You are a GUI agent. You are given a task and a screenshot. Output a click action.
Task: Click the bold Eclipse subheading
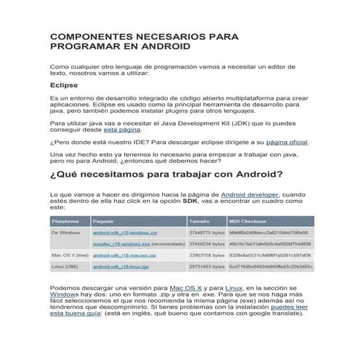[x=64, y=84]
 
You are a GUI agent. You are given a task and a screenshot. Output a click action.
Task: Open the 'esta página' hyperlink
[x=120, y=129]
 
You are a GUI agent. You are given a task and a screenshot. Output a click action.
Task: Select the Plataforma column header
[x=65, y=220]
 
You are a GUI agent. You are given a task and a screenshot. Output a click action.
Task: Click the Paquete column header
[x=103, y=220]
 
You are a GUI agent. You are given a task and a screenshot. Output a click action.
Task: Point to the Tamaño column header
[x=199, y=220]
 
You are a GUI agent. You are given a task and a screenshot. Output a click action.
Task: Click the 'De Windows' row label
[x=65, y=232]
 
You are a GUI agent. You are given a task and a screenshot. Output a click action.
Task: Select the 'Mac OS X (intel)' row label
[x=70, y=256]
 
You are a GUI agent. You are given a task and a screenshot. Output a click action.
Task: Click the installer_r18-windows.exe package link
[x=121, y=244]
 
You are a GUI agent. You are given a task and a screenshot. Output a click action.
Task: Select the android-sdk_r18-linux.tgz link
[x=116, y=267]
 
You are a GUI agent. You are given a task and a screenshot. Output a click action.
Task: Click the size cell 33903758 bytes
[x=206, y=256]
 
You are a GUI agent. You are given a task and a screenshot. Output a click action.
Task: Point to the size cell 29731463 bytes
[x=206, y=267]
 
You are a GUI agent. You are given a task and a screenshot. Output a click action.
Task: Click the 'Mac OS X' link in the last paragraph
[x=186, y=288]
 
